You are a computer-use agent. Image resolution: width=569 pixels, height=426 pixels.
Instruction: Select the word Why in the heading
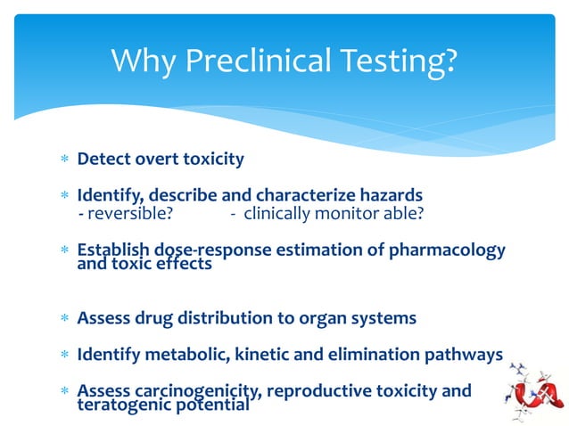tap(143, 61)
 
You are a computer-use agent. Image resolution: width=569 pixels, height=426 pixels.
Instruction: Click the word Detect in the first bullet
tap(102, 160)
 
